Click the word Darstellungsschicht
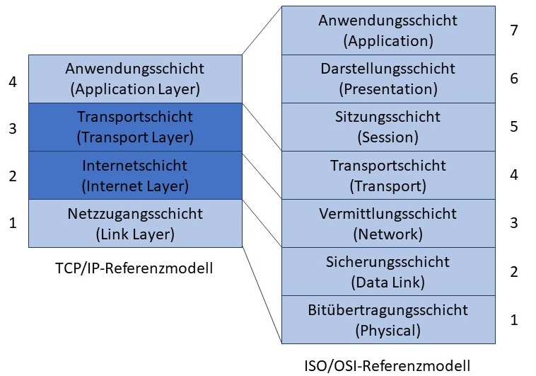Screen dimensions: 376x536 (x=388, y=69)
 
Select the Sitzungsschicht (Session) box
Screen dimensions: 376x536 (x=388, y=126)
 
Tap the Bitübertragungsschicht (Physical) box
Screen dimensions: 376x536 (x=388, y=319)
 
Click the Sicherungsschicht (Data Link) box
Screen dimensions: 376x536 (x=388, y=271)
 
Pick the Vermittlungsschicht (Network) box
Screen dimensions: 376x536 (x=388, y=223)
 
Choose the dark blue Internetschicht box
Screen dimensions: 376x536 (x=134, y=175)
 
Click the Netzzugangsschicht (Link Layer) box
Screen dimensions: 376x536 (x=134, y=223)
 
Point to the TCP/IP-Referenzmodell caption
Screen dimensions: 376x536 (x=134, y=268)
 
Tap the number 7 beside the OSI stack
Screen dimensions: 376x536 (x=514, y=30)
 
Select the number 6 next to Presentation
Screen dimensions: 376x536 (x=514, y=78)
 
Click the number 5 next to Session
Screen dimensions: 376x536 (x=514, y=127)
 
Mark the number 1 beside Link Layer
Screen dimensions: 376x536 (x=12, y=224)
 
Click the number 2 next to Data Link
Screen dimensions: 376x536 (x=514, y=272)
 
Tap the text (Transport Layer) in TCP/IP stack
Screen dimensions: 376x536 (x=134, y=137)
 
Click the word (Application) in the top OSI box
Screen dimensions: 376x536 (x=388, y=40)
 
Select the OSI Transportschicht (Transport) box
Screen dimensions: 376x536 (x=388, y=175)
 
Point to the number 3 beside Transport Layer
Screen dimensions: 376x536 (x=12, y=129)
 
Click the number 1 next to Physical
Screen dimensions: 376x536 (x=514, y=320)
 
